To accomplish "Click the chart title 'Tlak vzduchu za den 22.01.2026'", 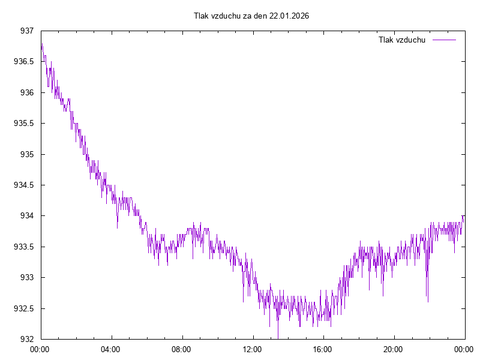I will (x=251, y=16).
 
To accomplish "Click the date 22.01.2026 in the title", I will (x=289, y=16).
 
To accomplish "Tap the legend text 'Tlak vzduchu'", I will (x=402, y=40).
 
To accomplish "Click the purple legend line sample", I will (x=444, y=40).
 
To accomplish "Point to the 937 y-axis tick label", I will (x=26, y=31).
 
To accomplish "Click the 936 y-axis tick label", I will (x=26, y=92).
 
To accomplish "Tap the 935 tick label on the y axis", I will (x=26, y=154).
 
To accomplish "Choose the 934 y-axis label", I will (x=26, y=215).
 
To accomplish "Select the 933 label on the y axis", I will (x=26, y=277).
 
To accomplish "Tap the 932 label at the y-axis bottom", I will (x=26, y=339).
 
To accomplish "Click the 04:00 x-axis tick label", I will (x=110, y=349).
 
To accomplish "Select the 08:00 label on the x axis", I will (x=181, y=349).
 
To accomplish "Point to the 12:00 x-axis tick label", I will (x=252, y=349).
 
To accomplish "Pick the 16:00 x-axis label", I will (x=323, y=349).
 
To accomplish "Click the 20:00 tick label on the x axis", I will (x=394, y=349).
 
